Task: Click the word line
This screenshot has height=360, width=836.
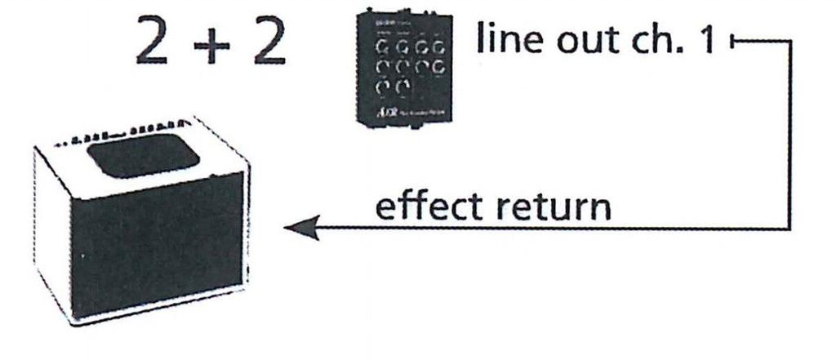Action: point(506,40)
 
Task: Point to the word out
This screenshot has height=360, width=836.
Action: point(580,41)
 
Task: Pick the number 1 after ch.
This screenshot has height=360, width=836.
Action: point(704,40)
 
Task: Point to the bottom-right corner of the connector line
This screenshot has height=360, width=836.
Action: point(790,229)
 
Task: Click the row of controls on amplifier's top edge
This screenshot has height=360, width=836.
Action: point(122,136)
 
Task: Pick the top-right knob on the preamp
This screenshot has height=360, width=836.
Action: point(439,49)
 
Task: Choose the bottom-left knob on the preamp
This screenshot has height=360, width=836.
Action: point(383,86)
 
